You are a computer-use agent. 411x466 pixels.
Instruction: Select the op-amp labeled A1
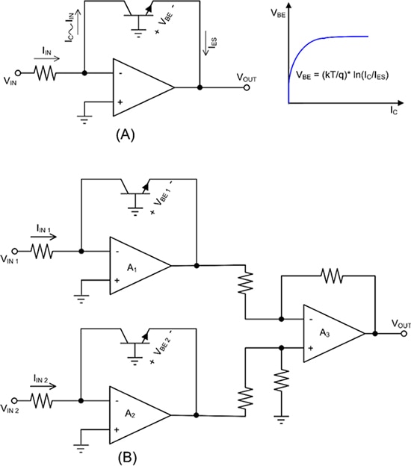pyautogui.click(x=138, y=264)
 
